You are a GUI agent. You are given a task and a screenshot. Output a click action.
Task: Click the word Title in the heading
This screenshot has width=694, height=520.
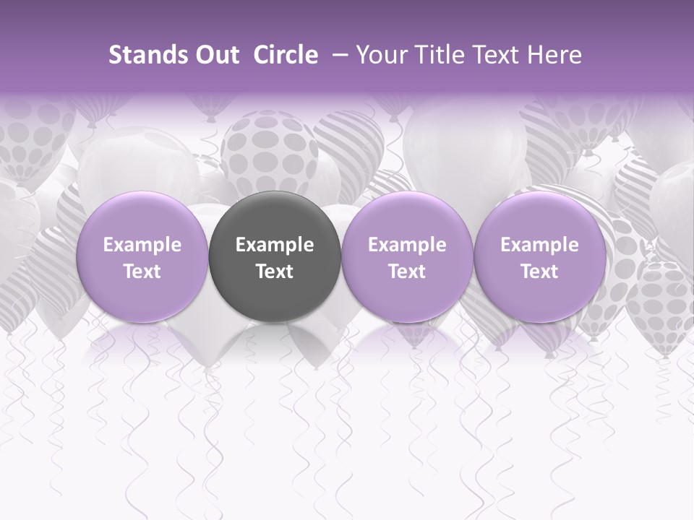click(x=432, y=56)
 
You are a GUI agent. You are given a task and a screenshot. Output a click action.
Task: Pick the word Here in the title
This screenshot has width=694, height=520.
click(x=554, y=56)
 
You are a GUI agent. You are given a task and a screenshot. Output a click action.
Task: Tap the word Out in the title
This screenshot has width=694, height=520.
click(x=215, y=56)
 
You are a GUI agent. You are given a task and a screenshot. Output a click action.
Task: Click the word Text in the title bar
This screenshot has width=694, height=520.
click(x=489, y=56)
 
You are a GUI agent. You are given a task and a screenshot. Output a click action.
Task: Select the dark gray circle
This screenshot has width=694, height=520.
click(x=275, y=256)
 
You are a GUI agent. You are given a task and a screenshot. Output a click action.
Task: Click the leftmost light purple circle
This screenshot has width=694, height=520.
click(x=142, y=257)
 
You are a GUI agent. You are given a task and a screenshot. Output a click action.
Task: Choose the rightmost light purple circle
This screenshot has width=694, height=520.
click(x=539, y=257)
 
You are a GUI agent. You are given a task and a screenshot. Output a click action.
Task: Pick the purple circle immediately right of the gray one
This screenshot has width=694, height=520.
click(x=407, y=257)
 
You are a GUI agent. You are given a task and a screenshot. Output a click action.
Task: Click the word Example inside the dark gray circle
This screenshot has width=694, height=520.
click(x=275, y=246)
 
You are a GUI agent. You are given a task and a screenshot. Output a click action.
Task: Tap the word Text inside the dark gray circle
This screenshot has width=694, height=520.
click(x=275, y=272)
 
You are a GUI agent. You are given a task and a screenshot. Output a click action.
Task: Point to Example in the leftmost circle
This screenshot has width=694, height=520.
click(x=142, y=246)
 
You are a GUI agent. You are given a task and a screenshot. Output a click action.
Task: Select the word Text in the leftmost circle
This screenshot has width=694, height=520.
click(x=142, y=272)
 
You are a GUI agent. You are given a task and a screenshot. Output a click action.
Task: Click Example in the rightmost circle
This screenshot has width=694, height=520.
click(x=539, y=246)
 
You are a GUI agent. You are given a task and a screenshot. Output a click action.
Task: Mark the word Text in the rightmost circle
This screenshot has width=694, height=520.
click(x=539, y=272)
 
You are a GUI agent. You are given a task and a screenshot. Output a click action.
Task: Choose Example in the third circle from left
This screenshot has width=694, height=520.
click(x=407, y=246)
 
